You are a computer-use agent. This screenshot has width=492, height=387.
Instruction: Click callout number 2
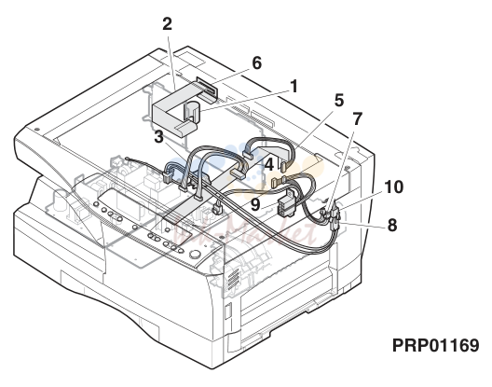coord(168,24)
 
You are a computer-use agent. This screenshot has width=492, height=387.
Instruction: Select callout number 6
coord(256,63)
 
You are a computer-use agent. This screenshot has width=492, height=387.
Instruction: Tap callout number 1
coord(294,87)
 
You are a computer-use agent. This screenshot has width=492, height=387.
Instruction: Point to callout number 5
coord(339,101)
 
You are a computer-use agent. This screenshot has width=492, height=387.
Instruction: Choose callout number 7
coord(358,119)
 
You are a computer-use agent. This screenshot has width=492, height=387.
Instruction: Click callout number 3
coord(158,137)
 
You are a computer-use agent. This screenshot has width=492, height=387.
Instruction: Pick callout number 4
coord(269,165)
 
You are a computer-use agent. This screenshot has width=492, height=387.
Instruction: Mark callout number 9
coord(255,205)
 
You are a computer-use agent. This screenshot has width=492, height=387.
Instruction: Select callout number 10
coord(394,187)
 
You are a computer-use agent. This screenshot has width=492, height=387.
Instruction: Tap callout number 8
coord(392,226)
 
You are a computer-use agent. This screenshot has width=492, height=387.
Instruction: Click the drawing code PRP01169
coord(436,345)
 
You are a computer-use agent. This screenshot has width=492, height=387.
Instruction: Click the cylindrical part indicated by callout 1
coord(191,112)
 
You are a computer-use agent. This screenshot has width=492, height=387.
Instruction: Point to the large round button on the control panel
coord(195,254)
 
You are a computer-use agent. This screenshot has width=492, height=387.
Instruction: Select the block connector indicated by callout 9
coord(287,205)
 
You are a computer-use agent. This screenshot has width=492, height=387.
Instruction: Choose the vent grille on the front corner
coord(232,279)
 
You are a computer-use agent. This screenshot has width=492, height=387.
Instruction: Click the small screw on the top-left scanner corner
coord(36,129)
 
